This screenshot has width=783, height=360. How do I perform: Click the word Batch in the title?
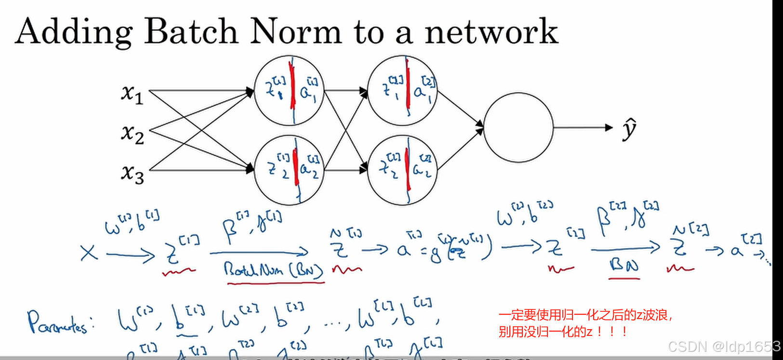191,32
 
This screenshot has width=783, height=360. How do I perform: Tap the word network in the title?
491,32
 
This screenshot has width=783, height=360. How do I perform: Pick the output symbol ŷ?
629,129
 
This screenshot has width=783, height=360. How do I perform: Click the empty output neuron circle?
518,128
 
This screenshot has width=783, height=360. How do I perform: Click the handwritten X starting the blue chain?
89,252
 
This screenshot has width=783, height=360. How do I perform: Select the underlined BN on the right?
624,265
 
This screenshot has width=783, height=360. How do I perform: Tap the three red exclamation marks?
612,332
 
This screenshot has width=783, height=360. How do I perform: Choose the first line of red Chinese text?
585,315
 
